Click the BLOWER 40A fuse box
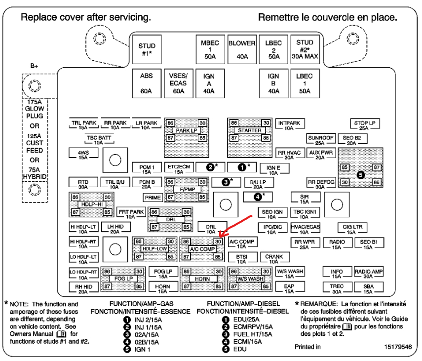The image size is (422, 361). (x=242, y=49)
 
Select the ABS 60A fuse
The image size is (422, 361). (x=147, y=82)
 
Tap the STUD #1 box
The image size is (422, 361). (x=147, y=49)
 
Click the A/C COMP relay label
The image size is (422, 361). (x=201, y=249)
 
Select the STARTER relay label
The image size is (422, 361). (x=249, y=130)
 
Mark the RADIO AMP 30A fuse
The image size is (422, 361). (x=369, y=273)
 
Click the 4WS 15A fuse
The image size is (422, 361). (x=82, y=155)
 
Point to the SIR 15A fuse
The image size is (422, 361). (x=305, y=198)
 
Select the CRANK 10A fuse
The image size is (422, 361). (x=274, y=259)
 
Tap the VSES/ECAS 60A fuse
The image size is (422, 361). (x=178, y=82)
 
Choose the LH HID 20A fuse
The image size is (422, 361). (x=114, y=228)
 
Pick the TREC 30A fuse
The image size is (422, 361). (x=337, y=288)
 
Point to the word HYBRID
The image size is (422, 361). (x=35, y=176)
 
